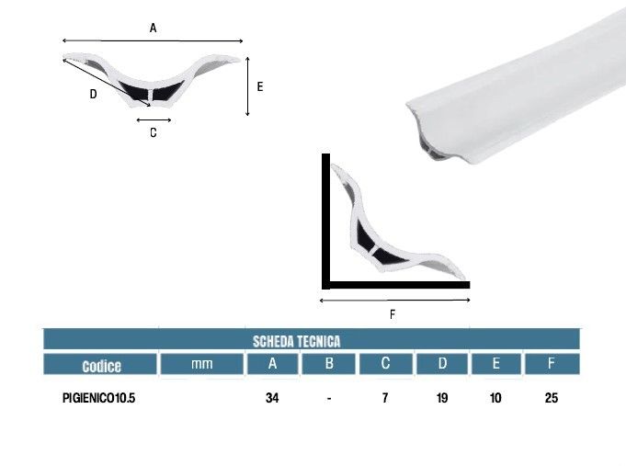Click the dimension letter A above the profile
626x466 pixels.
pyautogui.click(x=153, y=28)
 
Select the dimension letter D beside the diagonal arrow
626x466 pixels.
pyautogui.click(x=93, y=94)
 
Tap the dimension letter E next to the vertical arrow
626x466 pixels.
pyautogui.click(x=260, y=86)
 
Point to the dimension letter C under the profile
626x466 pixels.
pyautogui.click(x=154, y=132)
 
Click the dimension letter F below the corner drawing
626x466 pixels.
pyautogui.click(x=393, y=314)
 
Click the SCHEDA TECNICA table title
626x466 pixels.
pyautogui.click(x=296, y=341)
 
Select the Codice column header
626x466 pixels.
pyautogui.click(x=101, y=366)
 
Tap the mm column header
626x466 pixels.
pyautogui.click(x=201, y=364)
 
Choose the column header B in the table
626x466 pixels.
pyautogui.click(x=329, y=363)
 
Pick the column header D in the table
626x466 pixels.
pyautogui.click(x=442, y=363)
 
